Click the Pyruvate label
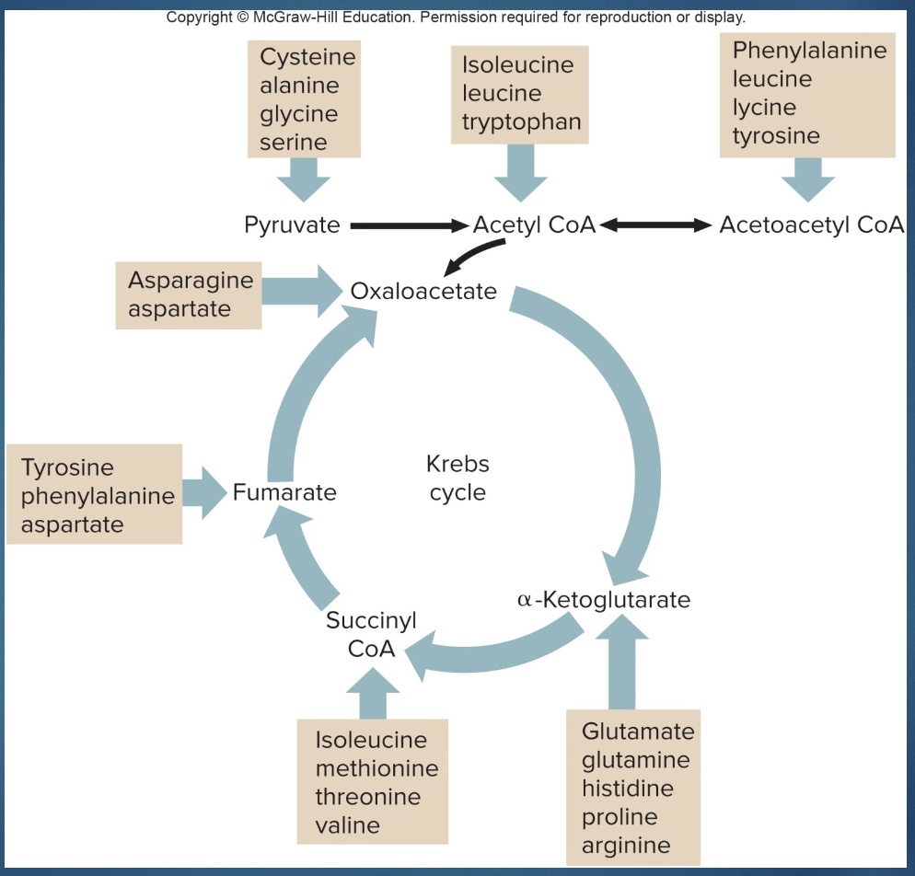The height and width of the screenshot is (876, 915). [292, 225]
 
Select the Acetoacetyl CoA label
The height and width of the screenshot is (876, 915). [811, 225]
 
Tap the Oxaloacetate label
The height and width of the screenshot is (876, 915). [423, 292]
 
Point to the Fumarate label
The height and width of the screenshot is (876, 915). [284, 492]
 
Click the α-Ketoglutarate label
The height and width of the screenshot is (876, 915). [604, 600]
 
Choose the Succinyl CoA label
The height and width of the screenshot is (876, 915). [371, 634]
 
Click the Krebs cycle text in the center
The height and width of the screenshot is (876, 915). [457, 478]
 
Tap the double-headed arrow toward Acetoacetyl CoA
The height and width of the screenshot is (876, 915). [654, 225]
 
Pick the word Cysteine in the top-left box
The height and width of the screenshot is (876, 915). [307, 57]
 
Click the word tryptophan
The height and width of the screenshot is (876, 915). [521, 122]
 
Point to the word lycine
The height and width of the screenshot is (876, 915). [764, 108]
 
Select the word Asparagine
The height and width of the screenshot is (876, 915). [190, 280]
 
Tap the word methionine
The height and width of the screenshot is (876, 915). [376, 768]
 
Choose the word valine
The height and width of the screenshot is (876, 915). [347, 825]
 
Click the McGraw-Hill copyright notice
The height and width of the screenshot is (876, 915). [456, 17]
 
